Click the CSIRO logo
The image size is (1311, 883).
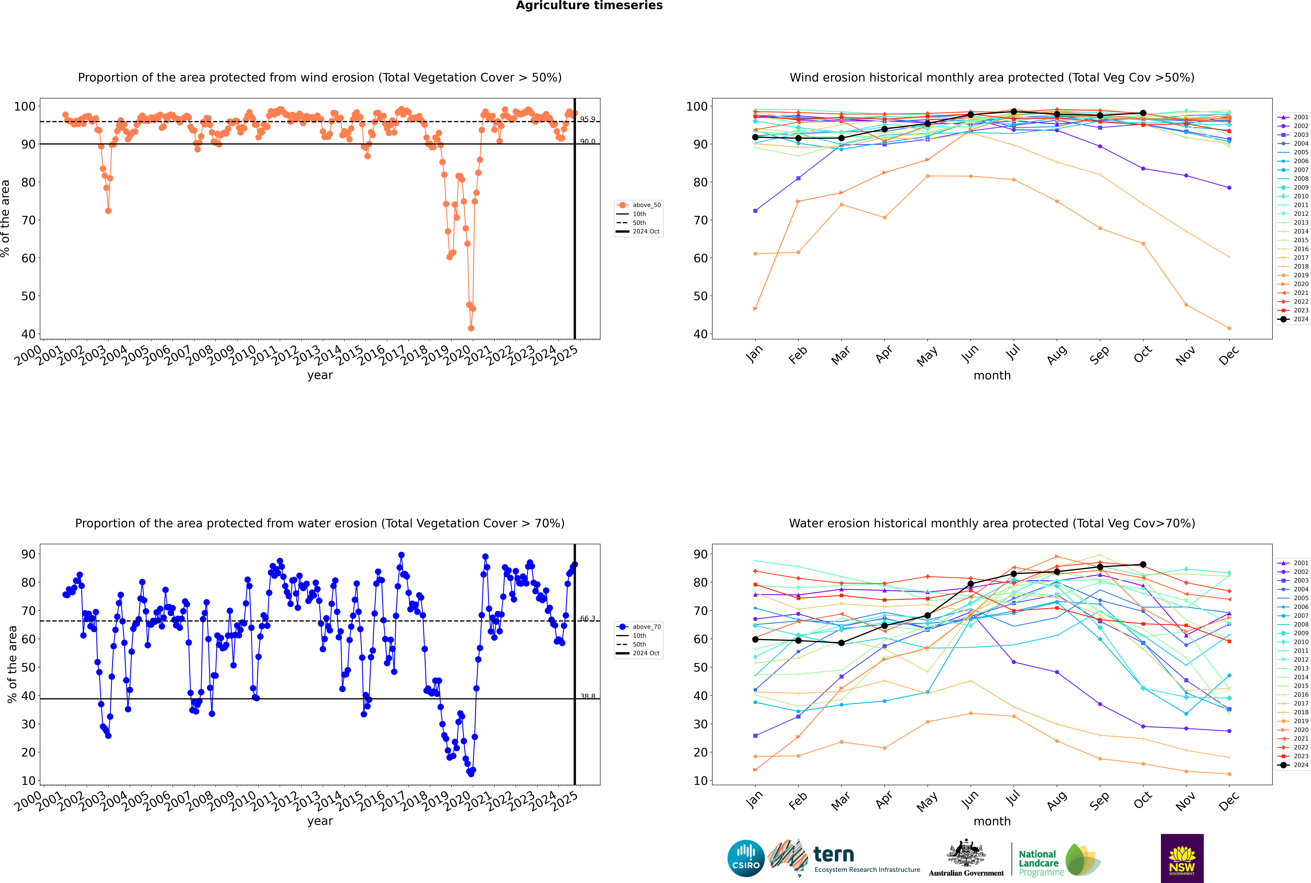coord(746,858)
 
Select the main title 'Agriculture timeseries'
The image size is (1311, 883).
coord(589,6)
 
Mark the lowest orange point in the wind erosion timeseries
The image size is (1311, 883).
coord(471,328)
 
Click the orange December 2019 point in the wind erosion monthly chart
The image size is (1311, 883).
coord(1229,328)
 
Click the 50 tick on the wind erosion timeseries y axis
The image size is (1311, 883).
coord(28,296)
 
